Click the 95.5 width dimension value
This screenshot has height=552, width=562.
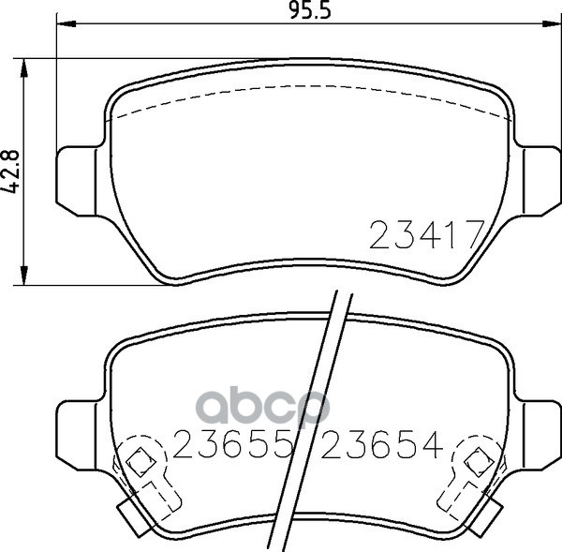point(310,11)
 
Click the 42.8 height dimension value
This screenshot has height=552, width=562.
point(10,172)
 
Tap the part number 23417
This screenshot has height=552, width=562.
point(426,234)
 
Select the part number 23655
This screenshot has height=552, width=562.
point(231,444)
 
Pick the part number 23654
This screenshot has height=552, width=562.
point(382,444)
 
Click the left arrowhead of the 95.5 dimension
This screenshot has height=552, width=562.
point(67,24)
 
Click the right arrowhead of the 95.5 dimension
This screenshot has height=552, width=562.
point(552,24)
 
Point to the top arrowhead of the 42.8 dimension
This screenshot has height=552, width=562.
point(23,68)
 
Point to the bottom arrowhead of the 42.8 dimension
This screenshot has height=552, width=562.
point(23,276)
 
